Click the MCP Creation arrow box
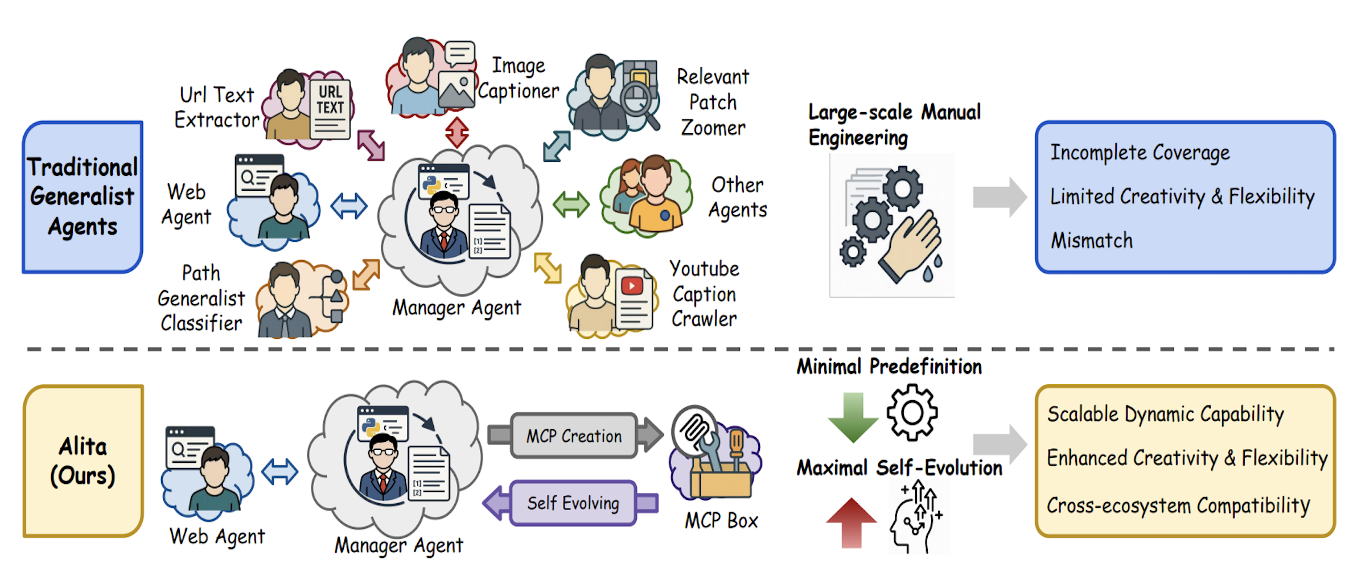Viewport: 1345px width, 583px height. pos(574,436)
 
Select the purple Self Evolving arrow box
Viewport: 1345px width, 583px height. pos(573,503)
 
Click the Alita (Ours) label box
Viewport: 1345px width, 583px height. pos(83,461)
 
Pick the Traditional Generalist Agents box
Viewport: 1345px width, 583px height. pos(83,196)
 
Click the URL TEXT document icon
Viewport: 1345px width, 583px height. pos(330,108)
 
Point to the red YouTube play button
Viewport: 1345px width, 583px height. pos(632,285)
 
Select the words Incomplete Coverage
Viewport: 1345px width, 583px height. pos(1140,153)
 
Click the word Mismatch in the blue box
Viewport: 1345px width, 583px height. pos(1092,240)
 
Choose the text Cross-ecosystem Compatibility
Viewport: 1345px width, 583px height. pos(1178,506)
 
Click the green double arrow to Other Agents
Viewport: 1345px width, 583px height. pos(571,204)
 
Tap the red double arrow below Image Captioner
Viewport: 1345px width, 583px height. pos(456,132)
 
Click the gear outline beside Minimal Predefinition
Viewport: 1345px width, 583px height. pos(912,412)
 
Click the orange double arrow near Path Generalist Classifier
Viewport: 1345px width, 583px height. pos(366,274)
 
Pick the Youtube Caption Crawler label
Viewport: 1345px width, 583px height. pos(704,294)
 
